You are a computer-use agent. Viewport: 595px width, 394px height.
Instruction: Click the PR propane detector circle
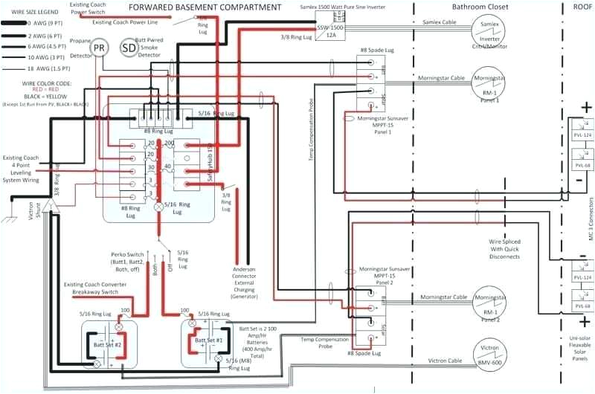point(99,48)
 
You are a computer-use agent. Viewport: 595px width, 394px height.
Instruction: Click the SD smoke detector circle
point(130,48)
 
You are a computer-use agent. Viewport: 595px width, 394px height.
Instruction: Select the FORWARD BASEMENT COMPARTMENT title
point(205,7)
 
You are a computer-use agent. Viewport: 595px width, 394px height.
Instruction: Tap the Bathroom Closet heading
point(480,7)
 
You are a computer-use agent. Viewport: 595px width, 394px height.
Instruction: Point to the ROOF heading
point(582,7)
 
